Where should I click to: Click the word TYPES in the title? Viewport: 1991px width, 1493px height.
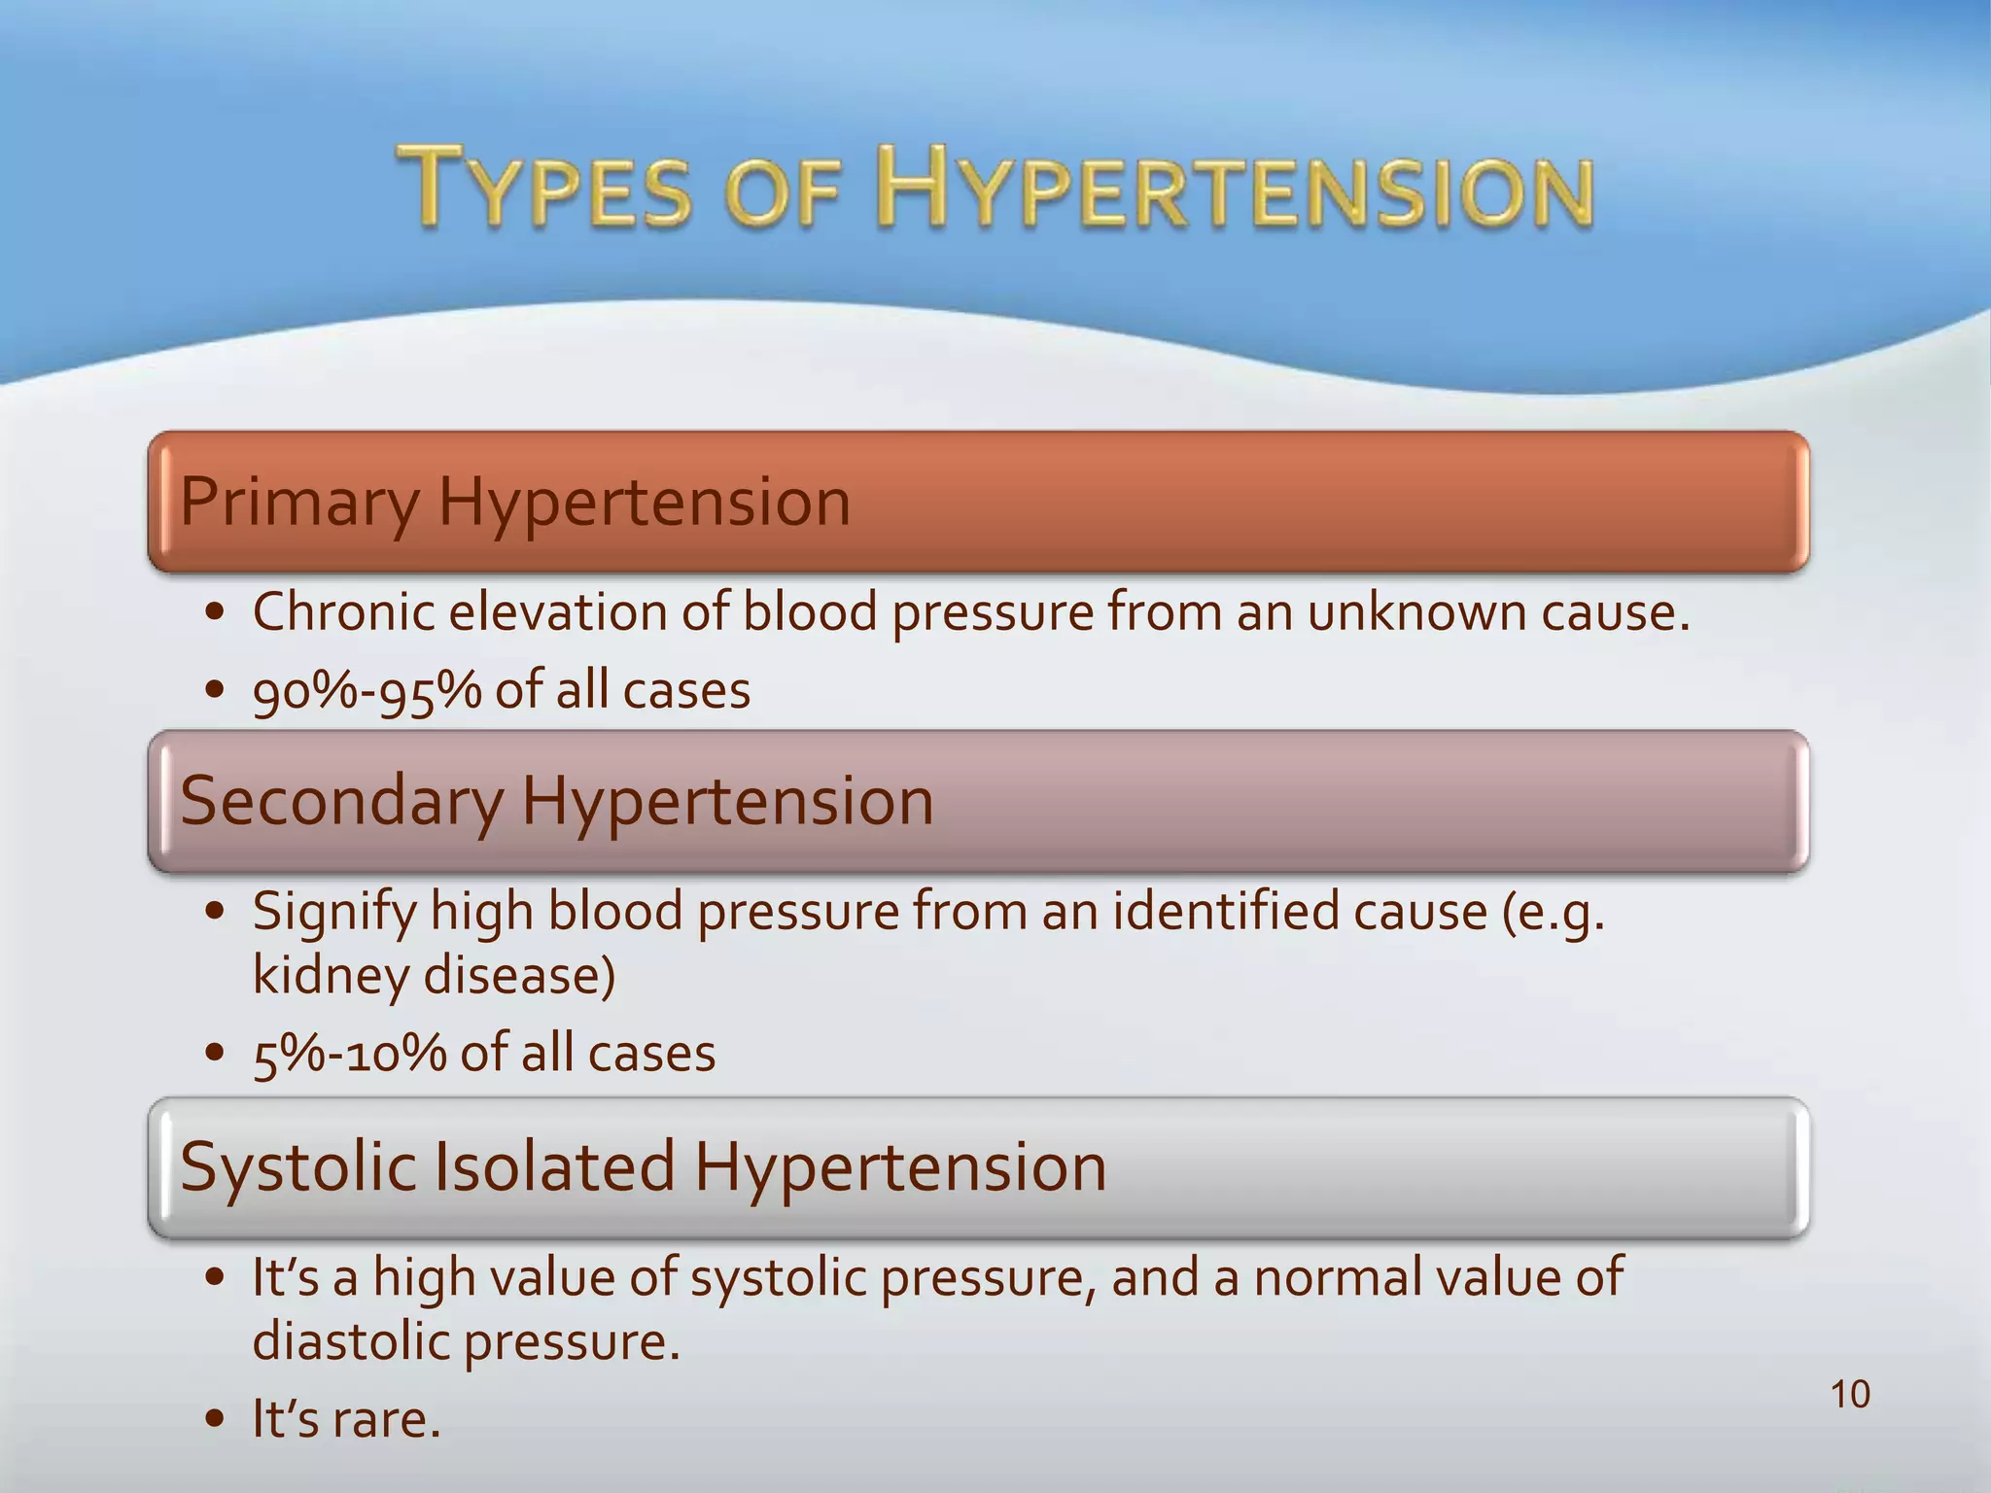pyautogui.click(x=545, y=187)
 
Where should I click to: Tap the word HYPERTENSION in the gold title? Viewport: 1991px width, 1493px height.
pyautogui.click(x=1235, y=187)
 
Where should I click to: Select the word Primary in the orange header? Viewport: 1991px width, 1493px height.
pyautogui.click(x=298, y=503)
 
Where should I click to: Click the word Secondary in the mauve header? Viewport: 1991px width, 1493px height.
pyautogui.click(x=341, y=802)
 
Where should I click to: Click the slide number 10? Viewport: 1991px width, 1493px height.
pyautogui.click(x=1850, y=1394)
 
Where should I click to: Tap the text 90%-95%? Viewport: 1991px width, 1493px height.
pyautogui.click(x=367, y=691)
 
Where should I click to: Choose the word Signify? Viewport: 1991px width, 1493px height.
pyautogui.click(x=333, y=914)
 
